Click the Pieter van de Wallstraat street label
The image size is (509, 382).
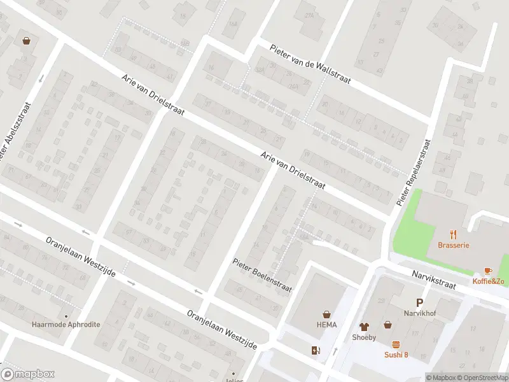pos(311,66)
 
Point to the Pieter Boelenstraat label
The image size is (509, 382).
pos(261,275)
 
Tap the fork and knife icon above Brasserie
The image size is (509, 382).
pos(453,234)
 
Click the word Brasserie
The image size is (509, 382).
pos(453,245)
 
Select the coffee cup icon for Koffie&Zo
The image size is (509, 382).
pos(488,271)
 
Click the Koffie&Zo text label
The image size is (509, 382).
pos(488,281)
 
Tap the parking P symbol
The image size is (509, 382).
pos(419,302)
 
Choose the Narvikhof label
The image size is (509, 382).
pos(419,313)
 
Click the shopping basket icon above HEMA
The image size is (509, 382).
pos(327,314)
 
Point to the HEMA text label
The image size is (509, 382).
pos(327,325)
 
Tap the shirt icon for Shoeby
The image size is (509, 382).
pos(364,327)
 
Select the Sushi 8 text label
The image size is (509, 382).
pos(396,355)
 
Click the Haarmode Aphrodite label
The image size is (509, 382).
pos(66,324)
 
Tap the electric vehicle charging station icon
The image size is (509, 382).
pos(314,350)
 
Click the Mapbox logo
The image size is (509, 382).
pos(28,374)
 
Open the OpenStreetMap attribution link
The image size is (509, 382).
pos(482,378)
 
